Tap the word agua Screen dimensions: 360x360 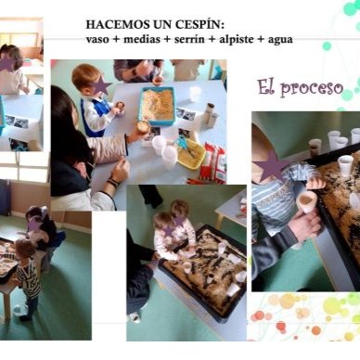280,40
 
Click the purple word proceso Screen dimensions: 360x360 312,88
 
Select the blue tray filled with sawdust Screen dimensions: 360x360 157,106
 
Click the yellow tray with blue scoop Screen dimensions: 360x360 190,154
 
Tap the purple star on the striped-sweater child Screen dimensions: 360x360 271,166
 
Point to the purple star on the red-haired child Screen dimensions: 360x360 101,86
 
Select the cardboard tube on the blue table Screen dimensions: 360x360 210,115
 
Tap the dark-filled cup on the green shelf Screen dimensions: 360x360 315,148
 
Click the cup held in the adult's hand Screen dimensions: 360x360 306,201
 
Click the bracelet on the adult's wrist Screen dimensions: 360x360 112,182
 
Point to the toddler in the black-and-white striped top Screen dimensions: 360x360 29,278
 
